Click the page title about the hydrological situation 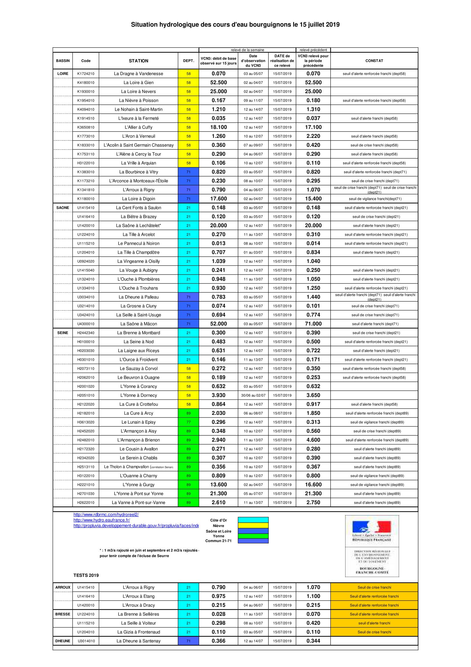(235, 25)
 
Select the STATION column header (138, 61)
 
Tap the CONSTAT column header (374, 61)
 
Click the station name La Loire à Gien (138, 82)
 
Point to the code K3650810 (85, 127)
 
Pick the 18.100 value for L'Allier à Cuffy (219, 127)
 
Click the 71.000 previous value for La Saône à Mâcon (313, 324)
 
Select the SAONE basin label (63, 208)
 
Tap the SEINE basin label (63, 333)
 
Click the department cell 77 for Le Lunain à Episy (188, 422)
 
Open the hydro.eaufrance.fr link (101, 520)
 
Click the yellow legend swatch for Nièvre (253, 526)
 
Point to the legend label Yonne (219, 536)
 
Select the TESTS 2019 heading (86, 575)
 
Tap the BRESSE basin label (63, 614)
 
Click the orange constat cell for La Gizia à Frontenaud (374, 632)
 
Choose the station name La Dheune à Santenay (138, 641)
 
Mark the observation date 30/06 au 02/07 (253, 395)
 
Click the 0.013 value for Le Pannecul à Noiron (219, 244)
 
